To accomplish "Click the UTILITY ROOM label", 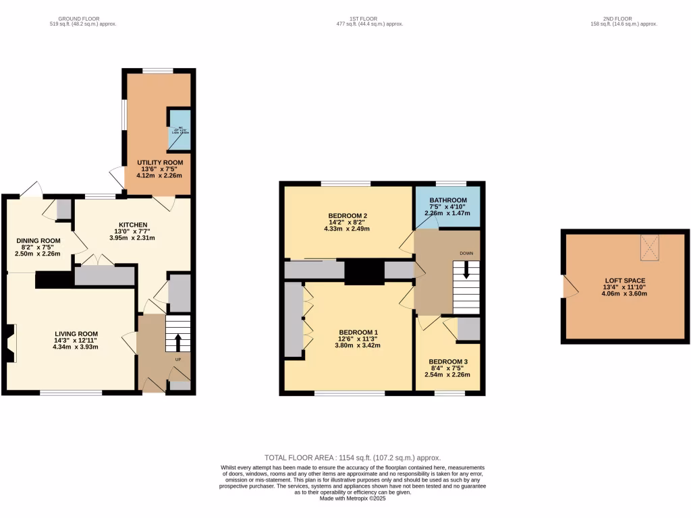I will coord(159,163).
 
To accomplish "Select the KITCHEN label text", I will coord(133,225).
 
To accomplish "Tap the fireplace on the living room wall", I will coord(11,343).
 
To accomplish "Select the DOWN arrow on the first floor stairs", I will coord(466,273).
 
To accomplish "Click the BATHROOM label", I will coord(448,200).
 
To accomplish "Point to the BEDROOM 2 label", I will coord(347,216).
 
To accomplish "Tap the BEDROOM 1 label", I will coord(358,332).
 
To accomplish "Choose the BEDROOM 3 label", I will coord(447,362).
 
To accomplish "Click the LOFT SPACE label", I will coord(625,280).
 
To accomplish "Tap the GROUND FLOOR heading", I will coord(83,18).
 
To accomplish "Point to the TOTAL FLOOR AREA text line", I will coord(352,457).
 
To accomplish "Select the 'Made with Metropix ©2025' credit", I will coord(352,498).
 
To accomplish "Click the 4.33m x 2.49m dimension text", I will coord(347,229).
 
